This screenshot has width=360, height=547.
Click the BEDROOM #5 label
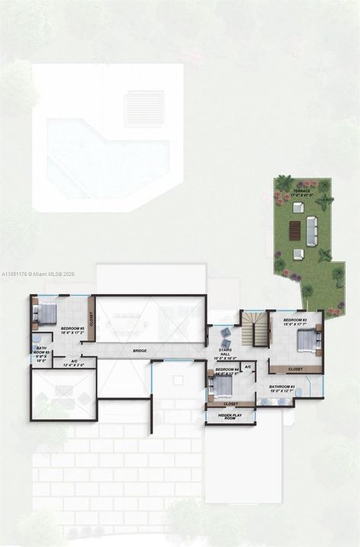(72, 330)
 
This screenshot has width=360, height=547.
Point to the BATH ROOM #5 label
(42, 354)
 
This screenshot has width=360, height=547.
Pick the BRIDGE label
(140, 351)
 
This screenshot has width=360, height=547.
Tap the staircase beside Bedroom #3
(258, 329)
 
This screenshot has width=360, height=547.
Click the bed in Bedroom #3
(308, 340)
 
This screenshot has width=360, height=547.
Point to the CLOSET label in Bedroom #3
(295, 369)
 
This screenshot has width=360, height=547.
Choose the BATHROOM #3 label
(280, 389)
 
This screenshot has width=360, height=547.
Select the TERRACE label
(308, 184)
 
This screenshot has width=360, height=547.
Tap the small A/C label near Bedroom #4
(248, 367)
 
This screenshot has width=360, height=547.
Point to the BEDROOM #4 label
(226, 370)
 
